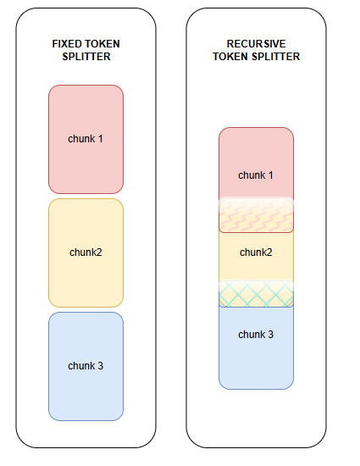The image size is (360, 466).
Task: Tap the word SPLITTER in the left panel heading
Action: coord(86,57)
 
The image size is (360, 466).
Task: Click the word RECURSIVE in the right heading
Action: coord(256,44)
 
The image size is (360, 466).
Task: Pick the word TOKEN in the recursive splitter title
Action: coord(230,57)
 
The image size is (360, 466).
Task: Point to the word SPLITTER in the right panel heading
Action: coord(276,57)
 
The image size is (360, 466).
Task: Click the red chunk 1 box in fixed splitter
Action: coord(86,140)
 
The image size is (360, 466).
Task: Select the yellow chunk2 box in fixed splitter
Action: coord(86,253)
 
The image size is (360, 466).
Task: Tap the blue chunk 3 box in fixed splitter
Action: coord(86,366)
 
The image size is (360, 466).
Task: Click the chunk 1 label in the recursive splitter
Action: coord(256,175)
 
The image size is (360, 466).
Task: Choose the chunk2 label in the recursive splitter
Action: coord(256,252)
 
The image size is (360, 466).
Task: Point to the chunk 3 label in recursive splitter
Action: coord(256,335)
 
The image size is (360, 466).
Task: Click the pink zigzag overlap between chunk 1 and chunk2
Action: coord(256,215)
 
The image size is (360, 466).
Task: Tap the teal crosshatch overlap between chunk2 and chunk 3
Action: coord(256,294)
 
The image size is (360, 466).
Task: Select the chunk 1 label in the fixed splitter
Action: coord(86,139)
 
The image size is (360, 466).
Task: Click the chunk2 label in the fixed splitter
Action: coord(86,252)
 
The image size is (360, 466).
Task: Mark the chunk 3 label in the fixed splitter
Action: coord(86,366)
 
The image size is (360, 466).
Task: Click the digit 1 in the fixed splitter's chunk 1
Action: coord(101,139)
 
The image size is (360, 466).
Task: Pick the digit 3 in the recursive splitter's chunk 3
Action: coord(270,335)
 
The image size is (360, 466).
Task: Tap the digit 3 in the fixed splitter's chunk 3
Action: coord(101,366)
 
